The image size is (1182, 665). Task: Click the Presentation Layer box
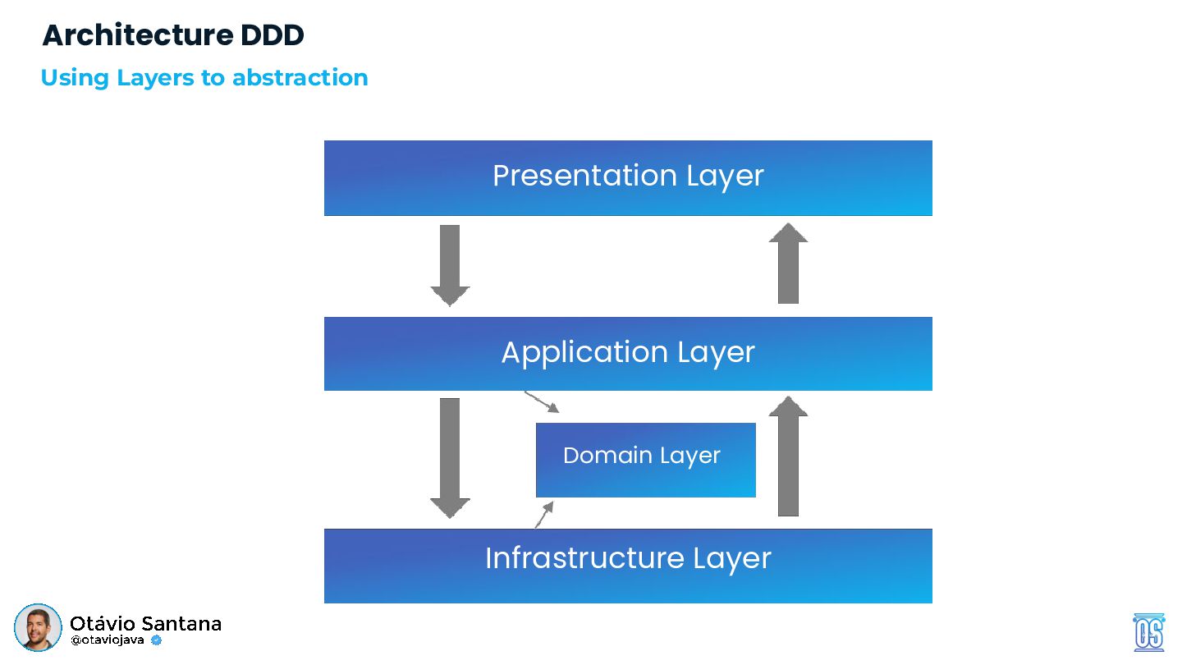(x=628, y=178)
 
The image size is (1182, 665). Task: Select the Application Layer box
(x=628, y=354)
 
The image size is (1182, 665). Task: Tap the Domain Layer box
(x=645, y=460)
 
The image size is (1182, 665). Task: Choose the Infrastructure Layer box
(x=628, y=566)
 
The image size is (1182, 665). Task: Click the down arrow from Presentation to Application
(x=450, y=265)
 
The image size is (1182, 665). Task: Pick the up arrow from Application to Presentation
(x=788, y=263)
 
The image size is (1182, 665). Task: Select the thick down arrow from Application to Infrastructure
(x=450, y=458)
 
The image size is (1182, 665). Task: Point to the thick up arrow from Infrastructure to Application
(x=788, y=456)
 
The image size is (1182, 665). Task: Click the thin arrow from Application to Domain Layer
(x=542, y=401)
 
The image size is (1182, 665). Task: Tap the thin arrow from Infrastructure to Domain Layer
(x=544, y=515)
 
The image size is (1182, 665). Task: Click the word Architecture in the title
(x=138, y=35)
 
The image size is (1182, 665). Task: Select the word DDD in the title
(x=273, y=35)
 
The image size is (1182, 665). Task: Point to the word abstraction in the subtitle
(x=300, y=77)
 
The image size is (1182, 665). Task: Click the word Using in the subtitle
(x=75, y=79)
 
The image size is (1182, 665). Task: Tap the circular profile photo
(x=38, y=627)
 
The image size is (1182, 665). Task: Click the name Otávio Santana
(x=145, y=623)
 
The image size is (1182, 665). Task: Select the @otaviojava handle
(x=107, y=640)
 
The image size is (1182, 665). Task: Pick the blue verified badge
(x=156, y=640)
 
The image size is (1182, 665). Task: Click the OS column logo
(x=1149, y=632)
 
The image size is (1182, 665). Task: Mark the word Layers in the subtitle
(x=155, y=79)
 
